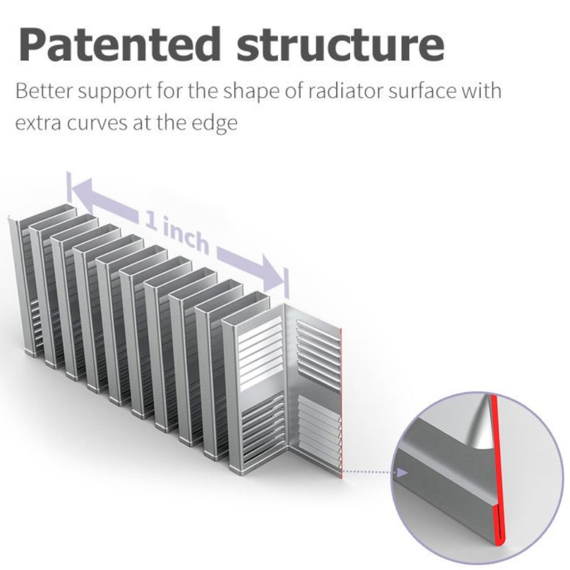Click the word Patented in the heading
click(119, 44)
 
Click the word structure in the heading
click(341, 45)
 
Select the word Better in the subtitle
click(44, 91)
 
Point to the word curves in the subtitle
click(98, 123)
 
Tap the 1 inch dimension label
click(178, 232)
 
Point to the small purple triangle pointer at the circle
click(402, 473)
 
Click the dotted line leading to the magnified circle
click(369, 472)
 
